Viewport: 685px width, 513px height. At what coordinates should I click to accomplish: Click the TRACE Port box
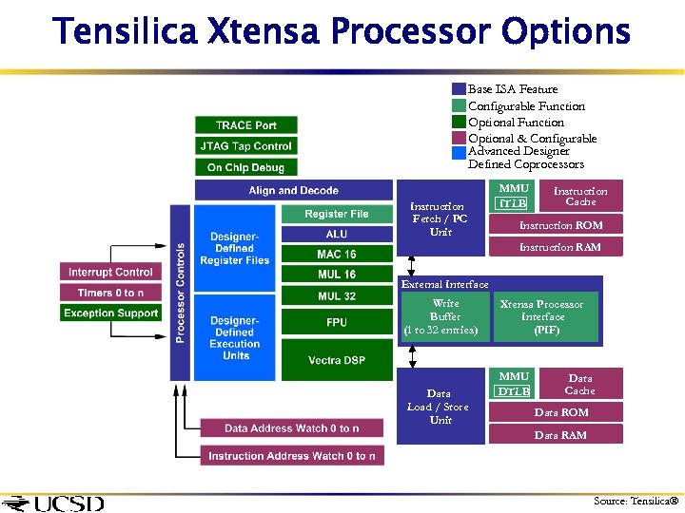[x=246, y=125]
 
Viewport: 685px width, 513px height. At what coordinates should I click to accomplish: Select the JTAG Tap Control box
[x=246, y=146]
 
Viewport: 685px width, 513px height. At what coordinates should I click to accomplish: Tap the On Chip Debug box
[x=246, y=167]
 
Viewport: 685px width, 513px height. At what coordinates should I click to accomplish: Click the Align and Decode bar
[x=293, y=191]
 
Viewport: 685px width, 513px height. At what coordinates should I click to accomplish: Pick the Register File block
[x=337, y=215]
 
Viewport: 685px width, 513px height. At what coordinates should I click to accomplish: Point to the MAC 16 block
[x=337, y=255]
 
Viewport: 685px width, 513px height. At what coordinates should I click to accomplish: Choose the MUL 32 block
[x=337, y=296]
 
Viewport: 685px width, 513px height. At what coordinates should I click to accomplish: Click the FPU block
[x=337, y=323]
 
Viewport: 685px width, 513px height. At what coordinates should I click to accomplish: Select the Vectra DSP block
[x=337, y=361]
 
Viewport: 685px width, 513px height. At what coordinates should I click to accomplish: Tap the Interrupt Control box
[x=111, y=273]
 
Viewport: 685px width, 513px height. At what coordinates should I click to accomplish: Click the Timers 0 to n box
[x=111, y=294]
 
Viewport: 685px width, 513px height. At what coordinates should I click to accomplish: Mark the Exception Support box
[x=111, y=313]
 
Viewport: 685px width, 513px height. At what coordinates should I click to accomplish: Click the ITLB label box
[x=514, y=203]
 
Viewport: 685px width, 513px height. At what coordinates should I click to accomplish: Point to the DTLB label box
[x=514, y=391]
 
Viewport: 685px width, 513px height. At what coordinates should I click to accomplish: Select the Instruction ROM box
[x=560, y=225]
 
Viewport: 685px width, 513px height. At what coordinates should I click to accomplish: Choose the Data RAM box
[x=560, y=435]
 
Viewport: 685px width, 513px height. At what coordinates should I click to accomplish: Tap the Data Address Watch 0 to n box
[x=291, y=428]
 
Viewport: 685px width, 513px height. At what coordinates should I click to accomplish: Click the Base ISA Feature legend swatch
[x=459, y=89]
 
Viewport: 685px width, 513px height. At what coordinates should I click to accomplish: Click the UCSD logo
[x=54, y=503]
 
